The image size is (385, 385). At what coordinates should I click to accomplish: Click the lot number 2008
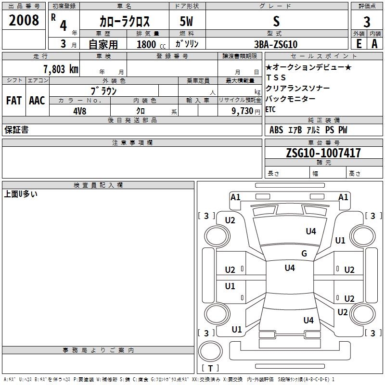coord(24,20)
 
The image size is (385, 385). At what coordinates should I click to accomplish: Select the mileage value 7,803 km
coord(61,69)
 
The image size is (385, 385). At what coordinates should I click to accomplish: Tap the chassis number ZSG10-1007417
coord(323,153)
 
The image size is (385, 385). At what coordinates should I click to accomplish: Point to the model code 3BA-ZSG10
coord(276,44)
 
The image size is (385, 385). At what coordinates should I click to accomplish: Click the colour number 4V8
coord(80,111)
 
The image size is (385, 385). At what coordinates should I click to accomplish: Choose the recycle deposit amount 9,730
coord(243,111)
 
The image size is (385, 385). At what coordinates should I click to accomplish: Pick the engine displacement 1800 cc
coord(151,45)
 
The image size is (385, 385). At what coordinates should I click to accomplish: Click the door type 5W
coord(186,21)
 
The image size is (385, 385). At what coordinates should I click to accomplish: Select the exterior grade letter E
coord(359,44)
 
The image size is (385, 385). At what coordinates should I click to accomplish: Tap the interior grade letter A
coord(374,44)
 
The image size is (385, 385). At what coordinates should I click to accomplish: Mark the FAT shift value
coord(14,101)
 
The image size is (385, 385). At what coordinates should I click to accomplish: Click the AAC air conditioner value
coord(37,101)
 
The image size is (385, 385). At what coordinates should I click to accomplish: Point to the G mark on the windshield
coord(304,253)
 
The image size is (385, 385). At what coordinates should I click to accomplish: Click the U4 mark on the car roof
coord(290,268)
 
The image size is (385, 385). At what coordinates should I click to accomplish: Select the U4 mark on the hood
coord(311,231)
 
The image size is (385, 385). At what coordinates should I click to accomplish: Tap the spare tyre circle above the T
coord(210,351)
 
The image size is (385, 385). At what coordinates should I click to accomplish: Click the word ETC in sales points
coord(270,109)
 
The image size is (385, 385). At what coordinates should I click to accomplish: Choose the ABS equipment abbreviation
coord(276,130)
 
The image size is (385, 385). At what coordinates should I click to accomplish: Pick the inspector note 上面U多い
coord(21,194)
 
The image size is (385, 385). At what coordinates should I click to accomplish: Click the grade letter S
coord(276,21)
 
